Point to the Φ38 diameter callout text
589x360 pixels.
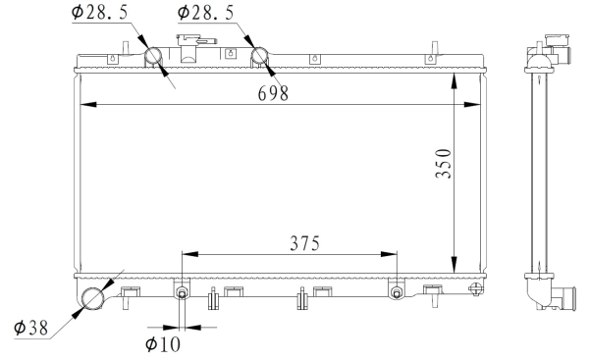click(30, 329)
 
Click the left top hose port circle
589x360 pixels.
click(156, 58)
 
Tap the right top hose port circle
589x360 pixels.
click(262, 58)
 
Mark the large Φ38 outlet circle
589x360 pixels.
click(94, 297)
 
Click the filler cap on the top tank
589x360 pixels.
click(192, 43)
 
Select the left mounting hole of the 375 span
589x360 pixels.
click(182, 293)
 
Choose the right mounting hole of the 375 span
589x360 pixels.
click(396, 293)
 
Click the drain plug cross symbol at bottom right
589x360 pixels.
click(476, 289)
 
